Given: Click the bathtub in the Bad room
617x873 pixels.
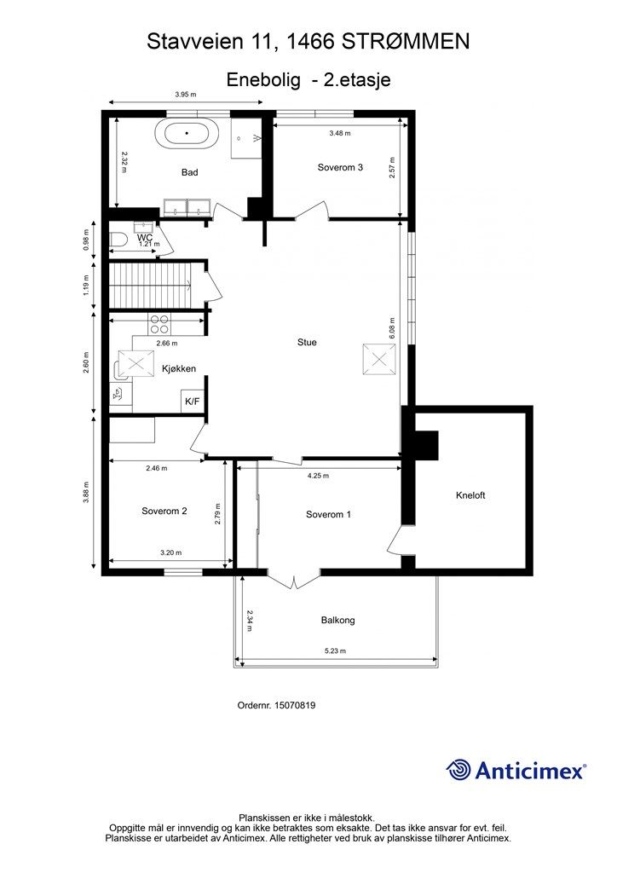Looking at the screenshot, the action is point(187,133).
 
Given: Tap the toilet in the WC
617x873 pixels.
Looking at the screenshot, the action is point(116,240).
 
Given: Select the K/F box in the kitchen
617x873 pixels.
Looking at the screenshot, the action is point(192,401).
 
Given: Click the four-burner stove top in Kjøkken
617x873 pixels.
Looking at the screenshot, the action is point(159,324).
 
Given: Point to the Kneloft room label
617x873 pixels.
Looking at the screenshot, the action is point(470,495).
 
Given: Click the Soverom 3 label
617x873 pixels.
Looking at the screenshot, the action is point(340,167).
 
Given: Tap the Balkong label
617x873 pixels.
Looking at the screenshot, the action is point(337,621).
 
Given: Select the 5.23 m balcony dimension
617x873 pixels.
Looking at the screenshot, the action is point(336,650).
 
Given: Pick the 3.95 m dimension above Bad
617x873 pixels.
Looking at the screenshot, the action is point(186,95).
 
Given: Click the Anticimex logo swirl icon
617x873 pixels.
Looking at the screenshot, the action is point(458,770).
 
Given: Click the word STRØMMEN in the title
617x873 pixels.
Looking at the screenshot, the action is point(405,42).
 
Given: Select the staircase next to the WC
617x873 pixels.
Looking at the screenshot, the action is point(150,285).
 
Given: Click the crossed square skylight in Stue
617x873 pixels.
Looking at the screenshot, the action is point(379,360).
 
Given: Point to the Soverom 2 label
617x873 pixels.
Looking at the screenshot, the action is point(164,512).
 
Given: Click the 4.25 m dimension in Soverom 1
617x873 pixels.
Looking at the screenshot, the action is point(318,476).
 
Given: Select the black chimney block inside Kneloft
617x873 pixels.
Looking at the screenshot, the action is point(426,445).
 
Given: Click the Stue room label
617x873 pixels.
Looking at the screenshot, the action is point(307,343).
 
